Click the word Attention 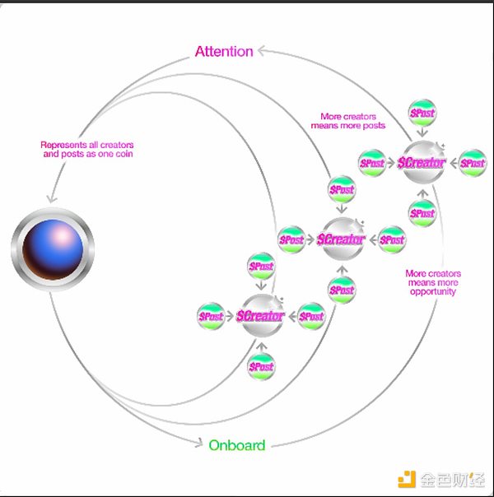224,51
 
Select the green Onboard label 236,445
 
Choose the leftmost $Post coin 211,316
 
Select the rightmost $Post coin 472,163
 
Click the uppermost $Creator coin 422,163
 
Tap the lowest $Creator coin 261,316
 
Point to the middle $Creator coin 341,239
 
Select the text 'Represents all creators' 87,145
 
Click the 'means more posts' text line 347,126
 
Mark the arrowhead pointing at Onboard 198,445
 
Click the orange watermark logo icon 404,478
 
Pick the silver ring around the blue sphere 17,248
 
